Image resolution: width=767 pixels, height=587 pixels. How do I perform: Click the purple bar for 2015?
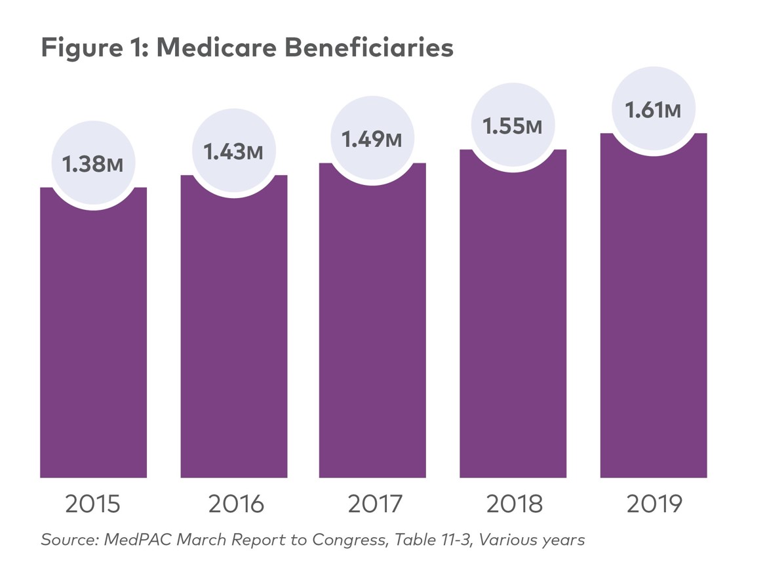[x=93, y=341]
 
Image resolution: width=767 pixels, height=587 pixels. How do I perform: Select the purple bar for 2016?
[x=234, y=334]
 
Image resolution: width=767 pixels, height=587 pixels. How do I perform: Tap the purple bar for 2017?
[x=372, y=328]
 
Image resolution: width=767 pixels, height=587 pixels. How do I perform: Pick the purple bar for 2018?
[x=513, y=321]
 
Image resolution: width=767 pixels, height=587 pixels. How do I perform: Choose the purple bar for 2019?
[x=653, y=315]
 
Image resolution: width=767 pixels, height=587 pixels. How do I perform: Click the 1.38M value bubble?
[x=93, y=164]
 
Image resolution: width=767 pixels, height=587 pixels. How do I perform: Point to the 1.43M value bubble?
[x=234, y=152]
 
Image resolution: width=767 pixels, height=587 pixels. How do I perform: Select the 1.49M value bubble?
[x=372, y=139]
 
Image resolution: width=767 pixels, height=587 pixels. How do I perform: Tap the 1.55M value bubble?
[x=513, y=126]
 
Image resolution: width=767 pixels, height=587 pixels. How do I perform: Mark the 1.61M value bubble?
[x=653, y=110]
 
